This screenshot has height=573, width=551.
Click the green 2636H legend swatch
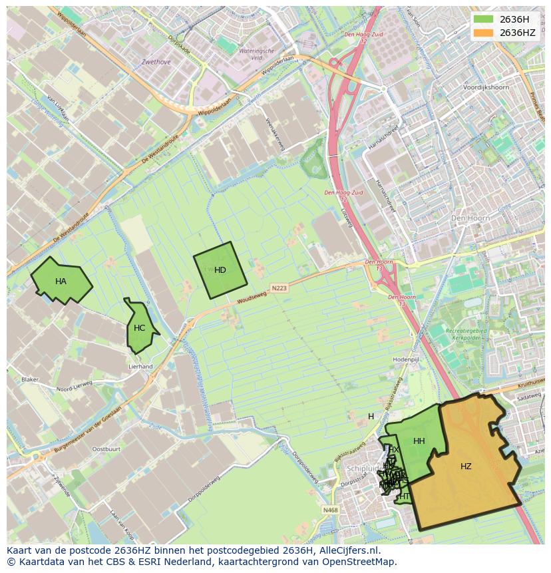coord(483,19)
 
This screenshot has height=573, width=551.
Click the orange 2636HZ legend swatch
coord(483,33)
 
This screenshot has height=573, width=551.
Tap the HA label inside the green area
coord(61,282)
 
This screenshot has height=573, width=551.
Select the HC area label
coord(139,328)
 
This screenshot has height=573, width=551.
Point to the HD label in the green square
coord(220,270)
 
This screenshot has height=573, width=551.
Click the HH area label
coord(419,441)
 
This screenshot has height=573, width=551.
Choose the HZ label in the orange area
coord(466,467)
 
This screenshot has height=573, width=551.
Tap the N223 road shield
coord(279,288)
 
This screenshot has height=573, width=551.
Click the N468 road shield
coord(329,510)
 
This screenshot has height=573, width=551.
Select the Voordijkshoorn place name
coord(486,87)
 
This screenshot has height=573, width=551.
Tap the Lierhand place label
coord(140,367)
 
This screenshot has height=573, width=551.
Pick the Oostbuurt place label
coord(106,449)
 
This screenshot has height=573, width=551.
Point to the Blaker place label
coord(30,379)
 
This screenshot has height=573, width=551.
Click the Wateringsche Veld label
coord(256,54)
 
